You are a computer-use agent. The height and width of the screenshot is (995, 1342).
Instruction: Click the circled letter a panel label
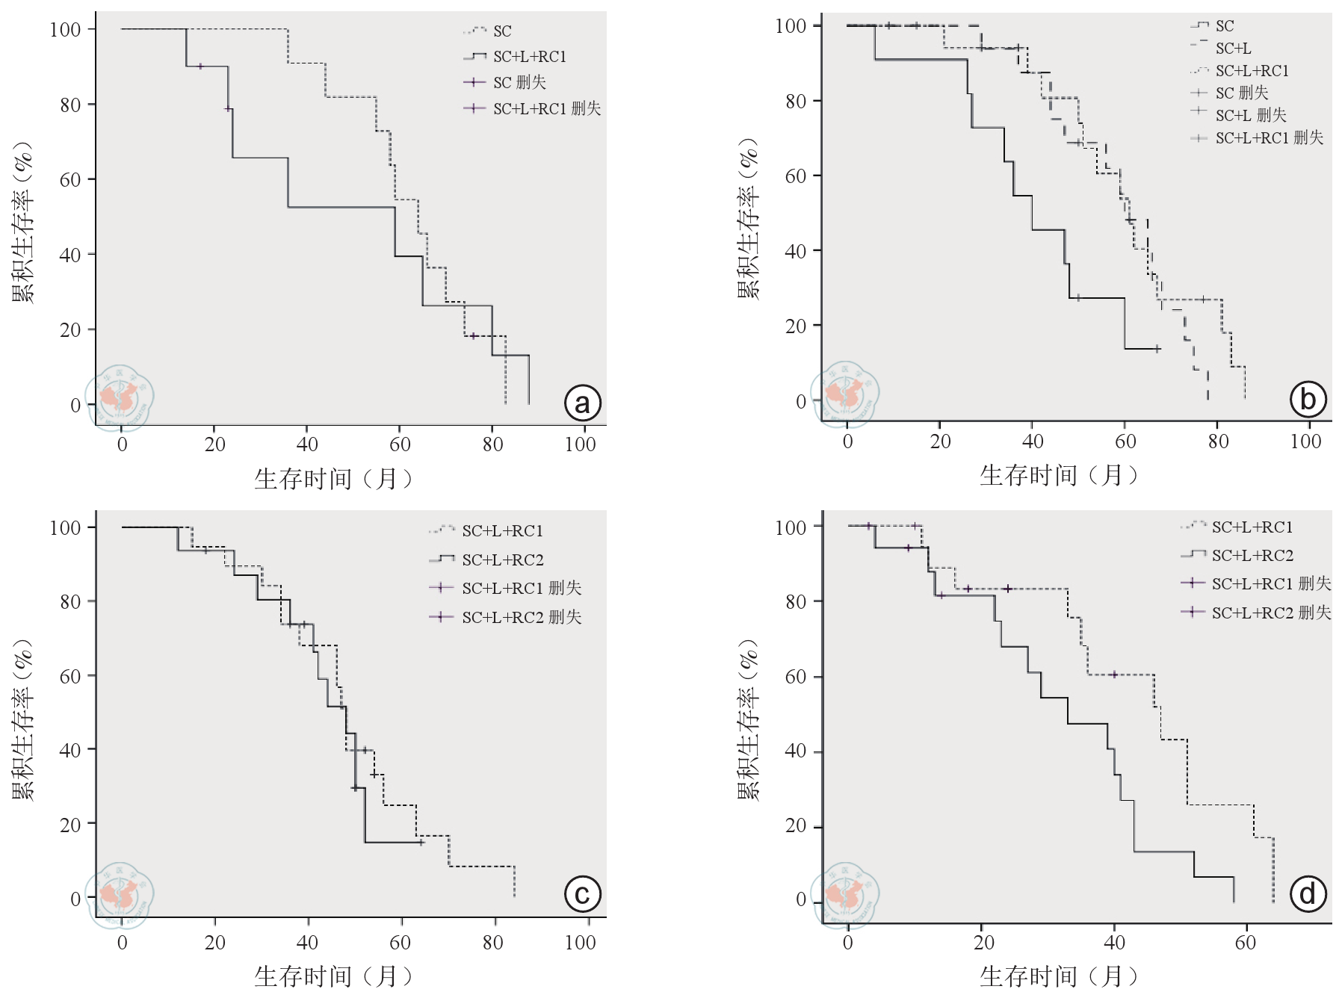click(x=582, y=403)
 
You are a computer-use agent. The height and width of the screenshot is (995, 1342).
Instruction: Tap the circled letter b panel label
click(x=1308, y=400)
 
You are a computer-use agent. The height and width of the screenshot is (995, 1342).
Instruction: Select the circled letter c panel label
click(x=582, y=894)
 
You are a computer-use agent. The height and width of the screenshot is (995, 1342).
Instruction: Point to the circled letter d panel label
click(x=1308, y=894)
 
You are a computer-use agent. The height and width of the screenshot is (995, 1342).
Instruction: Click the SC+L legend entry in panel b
click(x=1233, y=49)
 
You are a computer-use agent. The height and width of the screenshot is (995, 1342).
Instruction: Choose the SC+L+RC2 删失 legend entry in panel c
click(x=521, y=617)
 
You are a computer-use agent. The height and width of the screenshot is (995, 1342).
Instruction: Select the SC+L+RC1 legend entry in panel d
click(x=1252, y=527)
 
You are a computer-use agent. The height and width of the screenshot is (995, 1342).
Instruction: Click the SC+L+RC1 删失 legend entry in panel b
click(x=1269, y=138)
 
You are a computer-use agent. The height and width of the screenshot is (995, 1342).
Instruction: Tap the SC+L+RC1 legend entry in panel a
click(x=529, y=57)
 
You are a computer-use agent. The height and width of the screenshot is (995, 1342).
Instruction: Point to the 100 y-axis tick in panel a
click(x=65, y=29)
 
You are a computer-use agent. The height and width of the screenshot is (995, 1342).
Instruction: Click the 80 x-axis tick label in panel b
click(x=1218, y=441)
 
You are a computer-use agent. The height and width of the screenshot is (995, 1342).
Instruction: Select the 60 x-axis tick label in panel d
click(x=1246, y=943)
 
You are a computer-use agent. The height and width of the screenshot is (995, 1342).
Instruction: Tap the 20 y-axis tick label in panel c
click(x=70, y=825)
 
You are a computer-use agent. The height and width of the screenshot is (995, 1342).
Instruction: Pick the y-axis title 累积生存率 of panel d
click(x=748, y=720)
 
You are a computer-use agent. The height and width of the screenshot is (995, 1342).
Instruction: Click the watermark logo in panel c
click(x=120, y=895)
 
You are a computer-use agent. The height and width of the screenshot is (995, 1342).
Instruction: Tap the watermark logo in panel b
click(x=845, y=394)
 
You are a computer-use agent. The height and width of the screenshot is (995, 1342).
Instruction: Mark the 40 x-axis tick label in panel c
click(x=307, y=943)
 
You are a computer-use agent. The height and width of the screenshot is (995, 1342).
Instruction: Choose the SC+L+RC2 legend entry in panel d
click(x=1252, y=555)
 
